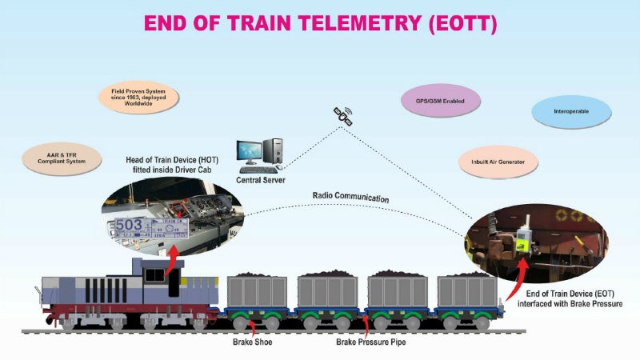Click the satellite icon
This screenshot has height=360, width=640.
[x=343, y=117]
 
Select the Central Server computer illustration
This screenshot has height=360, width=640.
[x=260, y=155]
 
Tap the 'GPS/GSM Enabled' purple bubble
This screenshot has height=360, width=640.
[x=439, y=102]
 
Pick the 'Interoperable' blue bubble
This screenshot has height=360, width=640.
[x=571, y=111]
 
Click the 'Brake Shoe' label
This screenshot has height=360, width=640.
[x=254, y=342]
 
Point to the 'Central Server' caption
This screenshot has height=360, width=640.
[x=260, y=181]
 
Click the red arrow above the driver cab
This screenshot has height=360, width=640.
[x=172, y=262]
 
